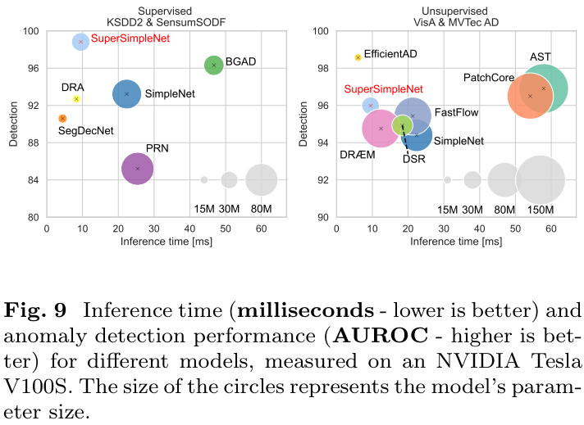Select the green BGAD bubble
(x=213, y=65)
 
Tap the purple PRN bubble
(x=138, y=169)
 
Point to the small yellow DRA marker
(x=76, y=98)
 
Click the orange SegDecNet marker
(x=62, y=119)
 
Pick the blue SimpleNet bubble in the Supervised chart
(x=126, y=94)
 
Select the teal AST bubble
(x=543, y=88)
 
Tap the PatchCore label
(x=489, y=78)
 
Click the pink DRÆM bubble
(x=381, y=129)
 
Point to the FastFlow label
(x=456, y=112)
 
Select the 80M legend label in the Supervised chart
(x=262, y=210)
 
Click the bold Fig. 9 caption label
(x=43, y=312)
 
